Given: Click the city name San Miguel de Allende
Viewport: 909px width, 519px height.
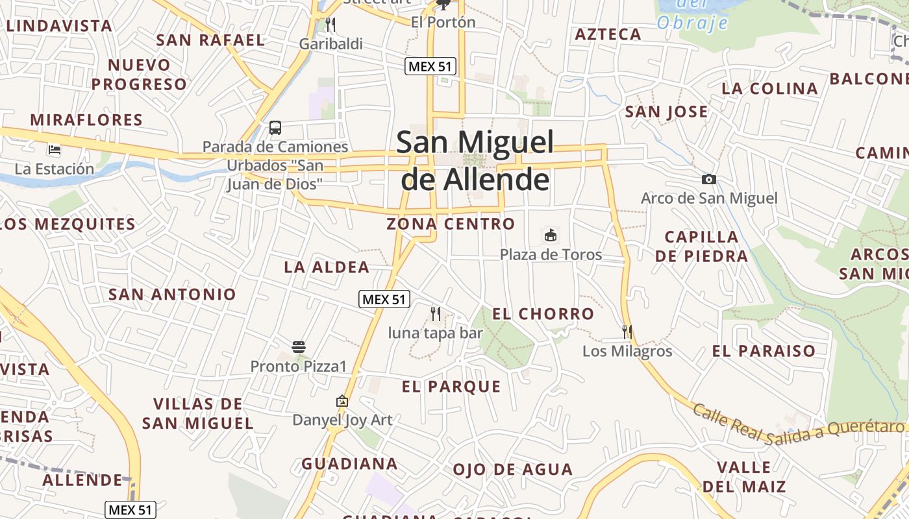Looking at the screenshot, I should pos(475,160).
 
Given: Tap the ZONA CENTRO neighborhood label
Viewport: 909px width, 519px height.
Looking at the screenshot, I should pos(451,224).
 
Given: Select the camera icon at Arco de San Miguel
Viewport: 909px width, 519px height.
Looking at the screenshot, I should pos(708,179).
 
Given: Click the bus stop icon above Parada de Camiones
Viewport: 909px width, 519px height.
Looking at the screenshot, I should pos(275,127).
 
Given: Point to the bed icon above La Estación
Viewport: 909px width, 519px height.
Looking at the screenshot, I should pos(55,150).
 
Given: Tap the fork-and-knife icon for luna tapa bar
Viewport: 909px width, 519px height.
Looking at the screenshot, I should pos(436,314).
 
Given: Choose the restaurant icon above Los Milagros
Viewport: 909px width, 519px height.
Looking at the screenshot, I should pos(627,332).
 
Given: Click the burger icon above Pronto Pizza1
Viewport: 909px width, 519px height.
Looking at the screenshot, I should pos(299,347).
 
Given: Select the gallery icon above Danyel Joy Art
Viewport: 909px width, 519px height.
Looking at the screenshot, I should pos(342,401).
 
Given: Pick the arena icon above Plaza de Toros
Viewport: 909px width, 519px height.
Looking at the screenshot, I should pos(551,235).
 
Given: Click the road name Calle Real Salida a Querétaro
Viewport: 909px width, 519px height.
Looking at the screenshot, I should pos(798,424).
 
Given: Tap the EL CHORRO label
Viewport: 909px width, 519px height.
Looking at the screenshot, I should pos(543,314).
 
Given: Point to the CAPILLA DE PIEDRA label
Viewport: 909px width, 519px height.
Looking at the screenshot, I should pos(701,247).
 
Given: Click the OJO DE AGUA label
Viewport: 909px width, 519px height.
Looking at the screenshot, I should pos(512,470).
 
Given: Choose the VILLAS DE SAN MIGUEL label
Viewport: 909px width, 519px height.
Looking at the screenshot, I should pos(197,414).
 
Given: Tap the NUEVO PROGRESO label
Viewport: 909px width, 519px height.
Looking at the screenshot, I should pos(139,75).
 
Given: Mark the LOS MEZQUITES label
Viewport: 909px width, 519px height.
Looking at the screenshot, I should pos(68,224).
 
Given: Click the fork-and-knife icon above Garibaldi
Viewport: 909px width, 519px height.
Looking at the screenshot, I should pos(330,25).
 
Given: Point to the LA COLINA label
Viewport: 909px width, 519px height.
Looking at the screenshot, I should pos(769,89).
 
